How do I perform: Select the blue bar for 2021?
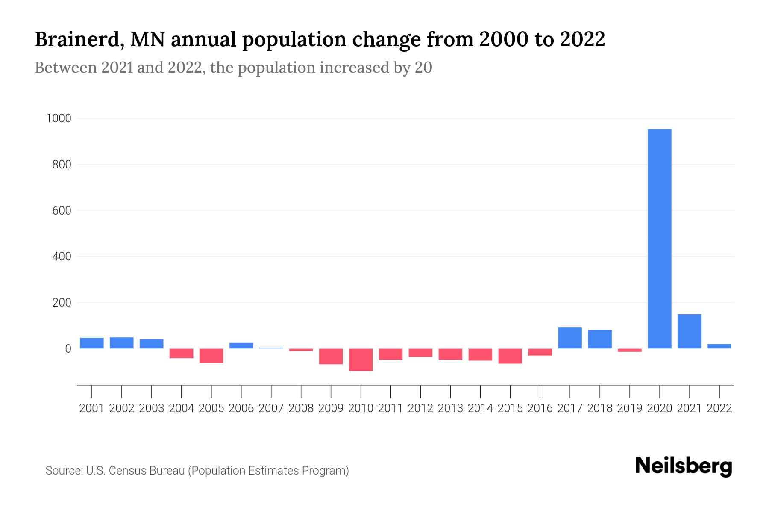click(690, 331)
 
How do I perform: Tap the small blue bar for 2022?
click(719, 346)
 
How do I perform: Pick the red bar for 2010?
click(361, 360)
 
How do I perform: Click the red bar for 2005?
click(211, 356)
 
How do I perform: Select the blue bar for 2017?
click(570, 338)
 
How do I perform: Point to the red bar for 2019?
click(630, 350)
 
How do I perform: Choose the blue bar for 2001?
click(92, 343)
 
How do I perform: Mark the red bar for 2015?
click(510, 356)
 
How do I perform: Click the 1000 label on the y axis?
click(58, 118)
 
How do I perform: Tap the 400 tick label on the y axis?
click(62, 256)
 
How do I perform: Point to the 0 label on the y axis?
click(68, 349)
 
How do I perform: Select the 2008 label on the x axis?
click(301, 408)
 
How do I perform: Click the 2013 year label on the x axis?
click(450, 408)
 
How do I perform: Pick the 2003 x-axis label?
click(152, 408)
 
